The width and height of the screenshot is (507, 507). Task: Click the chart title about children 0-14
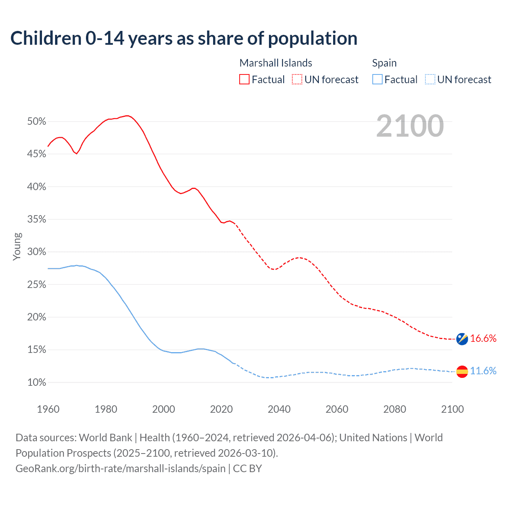184,38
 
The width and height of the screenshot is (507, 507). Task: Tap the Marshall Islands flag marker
462,339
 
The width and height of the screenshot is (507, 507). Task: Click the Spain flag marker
462,372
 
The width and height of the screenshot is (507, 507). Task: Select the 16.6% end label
483,338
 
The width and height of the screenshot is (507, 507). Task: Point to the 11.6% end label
483,371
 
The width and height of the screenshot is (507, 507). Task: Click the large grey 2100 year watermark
410,126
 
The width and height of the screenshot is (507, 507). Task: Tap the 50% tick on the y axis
37,122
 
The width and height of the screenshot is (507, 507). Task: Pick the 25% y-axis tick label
37,285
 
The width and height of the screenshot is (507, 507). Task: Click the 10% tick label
37,383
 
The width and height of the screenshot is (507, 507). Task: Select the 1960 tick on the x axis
48,409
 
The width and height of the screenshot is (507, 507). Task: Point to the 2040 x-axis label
279,409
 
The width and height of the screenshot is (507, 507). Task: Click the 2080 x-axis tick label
395,409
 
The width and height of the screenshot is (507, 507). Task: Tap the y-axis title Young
17,246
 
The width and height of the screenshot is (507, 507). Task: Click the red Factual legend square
244,80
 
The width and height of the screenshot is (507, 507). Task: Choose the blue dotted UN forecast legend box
430,80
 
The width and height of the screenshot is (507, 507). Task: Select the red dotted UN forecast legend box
297,80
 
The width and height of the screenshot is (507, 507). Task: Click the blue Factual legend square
377,80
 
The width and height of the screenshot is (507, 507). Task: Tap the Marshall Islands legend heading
276,63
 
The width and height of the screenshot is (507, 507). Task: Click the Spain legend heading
384,63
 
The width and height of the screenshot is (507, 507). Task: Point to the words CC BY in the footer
248,469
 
